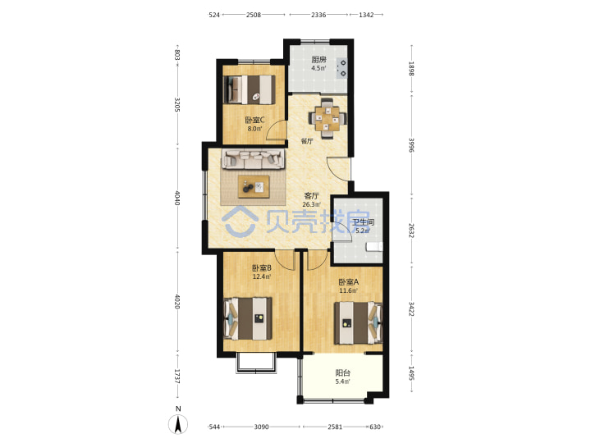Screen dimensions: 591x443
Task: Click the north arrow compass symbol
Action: point(178,423)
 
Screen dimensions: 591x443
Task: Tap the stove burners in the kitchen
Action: point(343,68)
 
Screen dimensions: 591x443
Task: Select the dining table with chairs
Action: point(328,119)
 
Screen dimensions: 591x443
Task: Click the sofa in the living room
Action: point(253,159)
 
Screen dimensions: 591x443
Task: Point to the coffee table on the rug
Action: point(254,186)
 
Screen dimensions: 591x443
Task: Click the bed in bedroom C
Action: point(250,89)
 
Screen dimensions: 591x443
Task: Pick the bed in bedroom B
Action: point(248,318)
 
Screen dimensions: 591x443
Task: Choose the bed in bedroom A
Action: point(358,323)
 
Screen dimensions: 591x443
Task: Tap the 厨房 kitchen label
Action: point(318,60)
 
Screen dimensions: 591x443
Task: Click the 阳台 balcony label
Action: point(342,373)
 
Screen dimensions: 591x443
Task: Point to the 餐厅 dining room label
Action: point(307,141)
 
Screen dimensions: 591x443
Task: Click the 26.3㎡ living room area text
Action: point(311,204)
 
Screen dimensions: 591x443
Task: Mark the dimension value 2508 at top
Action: point(254,15)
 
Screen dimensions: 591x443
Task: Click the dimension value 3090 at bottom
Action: point(261,427)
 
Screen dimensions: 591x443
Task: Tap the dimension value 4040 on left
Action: point(177,199)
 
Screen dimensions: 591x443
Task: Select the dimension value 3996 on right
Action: point(411,145)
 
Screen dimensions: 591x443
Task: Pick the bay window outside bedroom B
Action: point(256,363)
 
